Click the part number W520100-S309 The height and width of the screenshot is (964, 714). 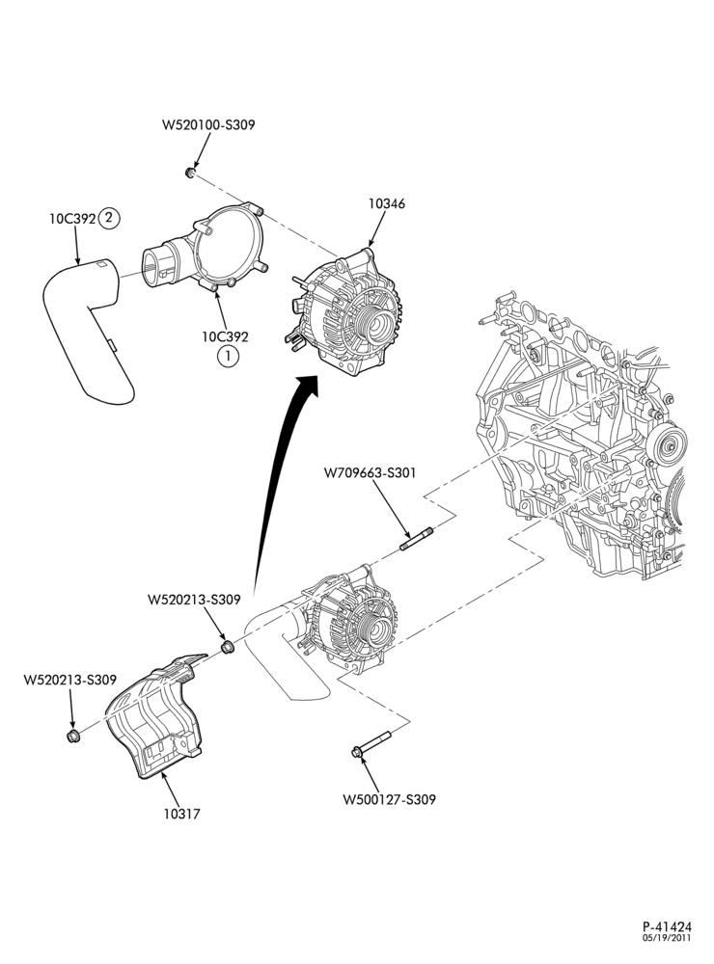tap(208, 124)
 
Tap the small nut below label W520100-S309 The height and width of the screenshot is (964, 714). tap(190, 173)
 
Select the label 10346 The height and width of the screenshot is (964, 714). tap(387, 202)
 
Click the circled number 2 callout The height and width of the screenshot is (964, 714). tap(110, 218)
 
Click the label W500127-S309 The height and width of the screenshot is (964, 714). tap(389, 799)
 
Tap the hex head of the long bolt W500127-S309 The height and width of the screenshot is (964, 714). tap(356, 751)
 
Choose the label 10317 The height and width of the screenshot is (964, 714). tap(182, 814)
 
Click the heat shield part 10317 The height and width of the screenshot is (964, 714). tap(157, 715)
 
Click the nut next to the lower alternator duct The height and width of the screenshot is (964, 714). tap(227, 648)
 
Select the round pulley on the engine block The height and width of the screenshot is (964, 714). tap(669, 445)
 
